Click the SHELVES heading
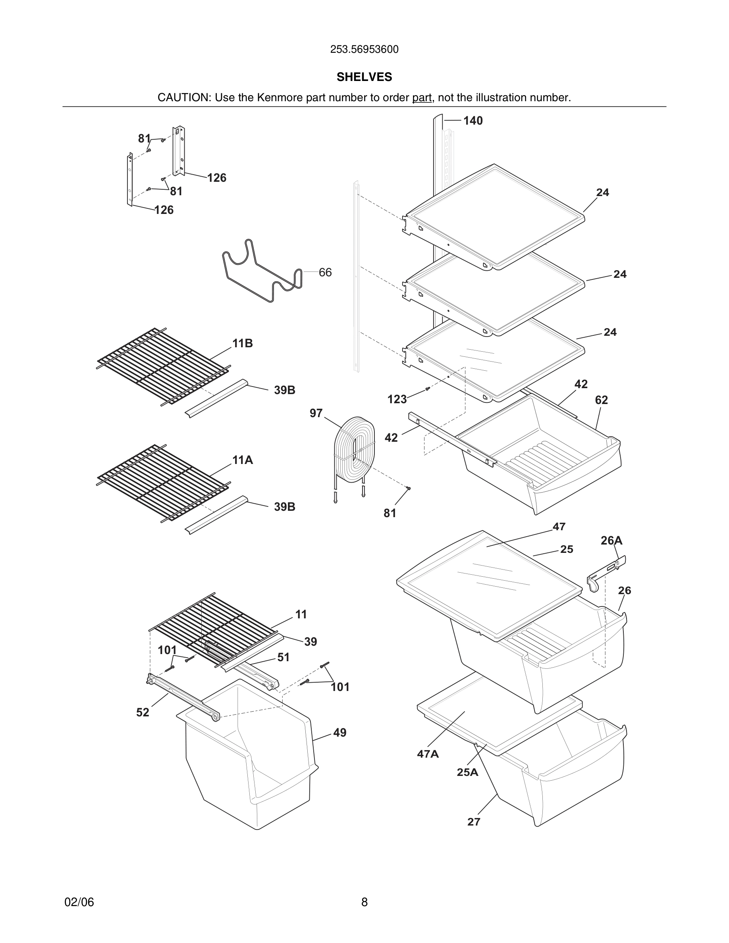click(x=364, y=77)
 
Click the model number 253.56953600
click(x=364, y=50)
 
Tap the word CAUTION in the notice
click(x=183, y=98)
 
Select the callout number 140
click(x=473, y=121)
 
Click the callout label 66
click(x=325, y=272)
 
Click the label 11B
click(x=242, y=343)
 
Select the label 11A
click(x=242, y=460)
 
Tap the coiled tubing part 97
click(x=354, y=449)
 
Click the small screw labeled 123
click(x=428, y=389)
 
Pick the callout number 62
click(x=601, y=400)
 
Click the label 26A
click(x=611, y=541)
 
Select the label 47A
click(x=428, y=754)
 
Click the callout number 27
click(x=474, y=822)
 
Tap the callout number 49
click(x=339, y=733)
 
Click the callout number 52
click(x=143, y=712)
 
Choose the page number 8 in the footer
click(x=364, y=902)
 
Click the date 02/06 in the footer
click(x=79, y=902)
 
